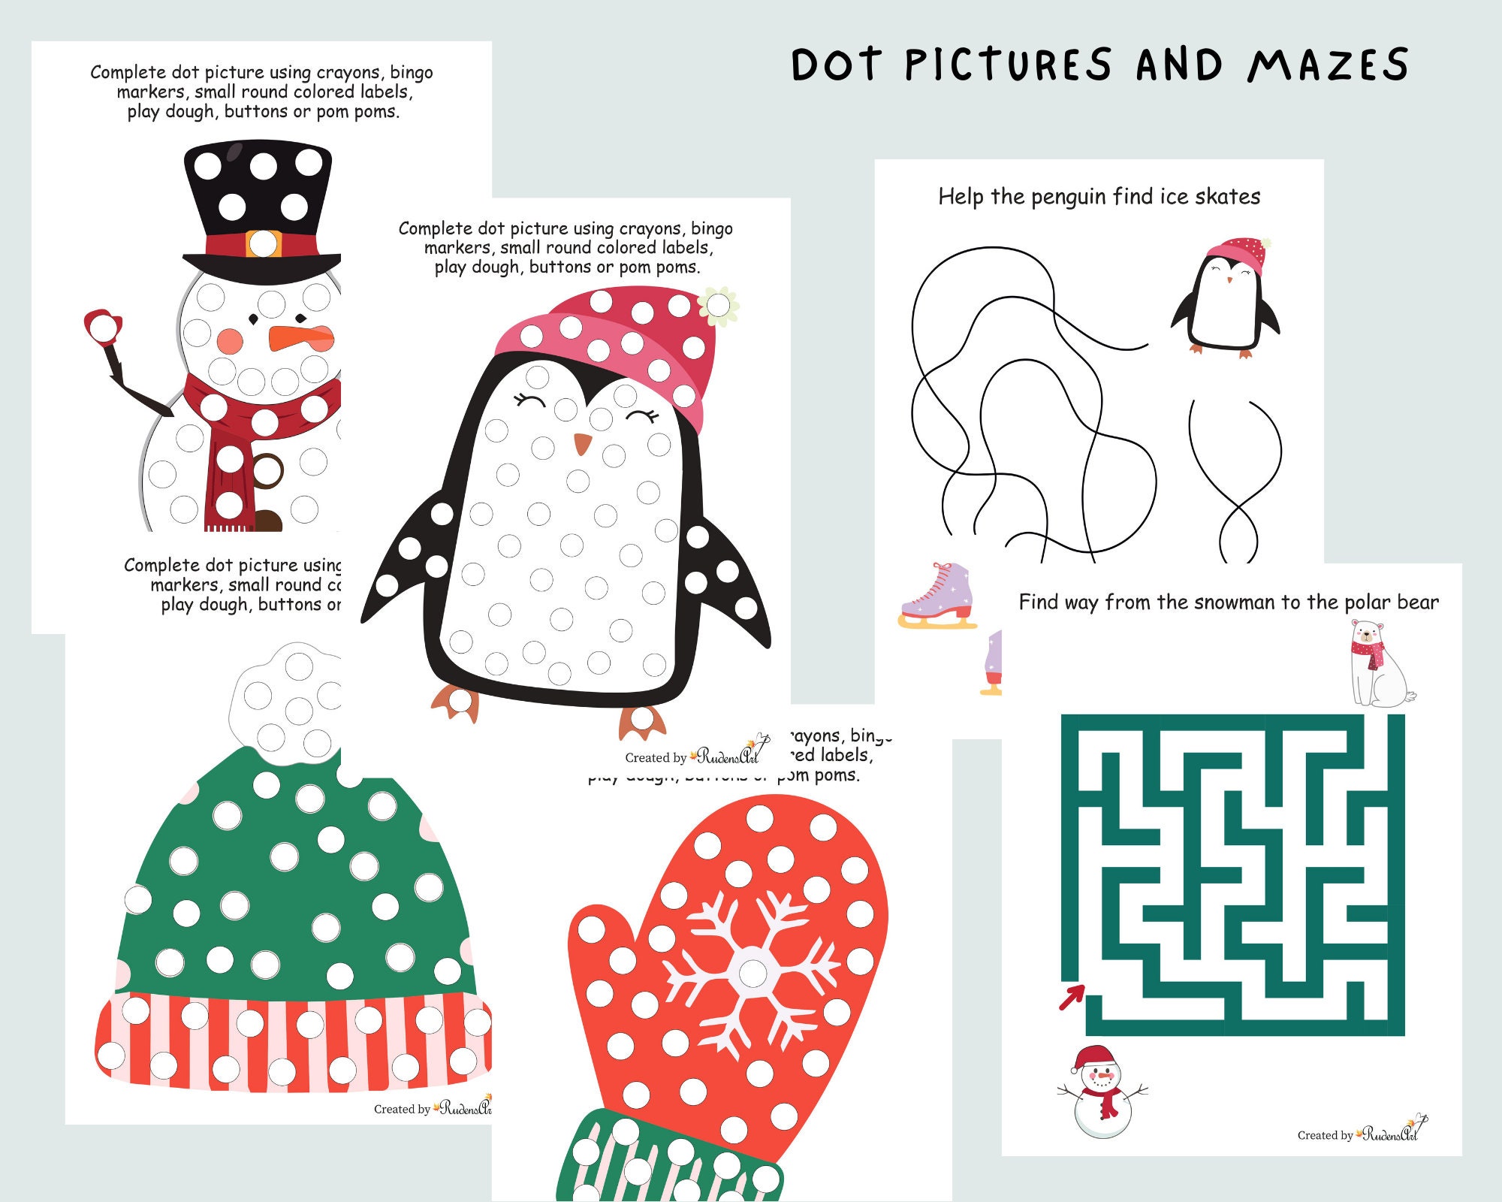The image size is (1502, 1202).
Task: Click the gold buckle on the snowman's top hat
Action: tap(263, 243)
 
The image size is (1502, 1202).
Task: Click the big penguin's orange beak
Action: tap(582, 444)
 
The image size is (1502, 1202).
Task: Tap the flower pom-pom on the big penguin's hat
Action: tap(719, 305)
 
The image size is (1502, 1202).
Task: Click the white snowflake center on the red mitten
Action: tap(752, 973)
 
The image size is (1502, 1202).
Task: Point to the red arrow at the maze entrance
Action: tap(1072, 998)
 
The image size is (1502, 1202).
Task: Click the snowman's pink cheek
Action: tap(230, 342)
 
